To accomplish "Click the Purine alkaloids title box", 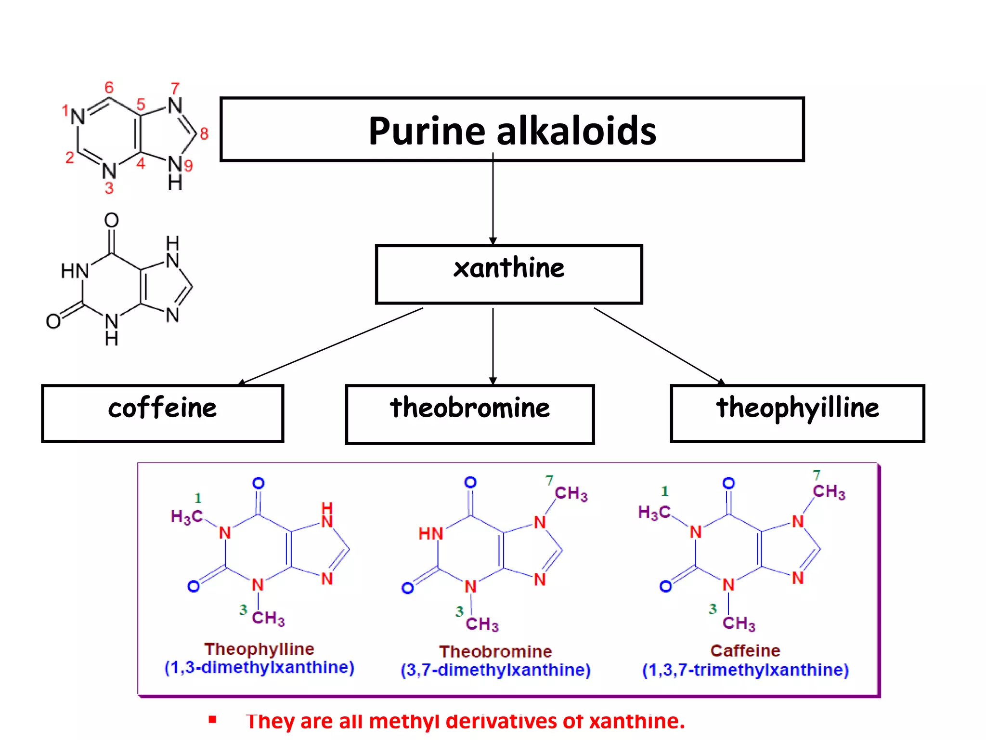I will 512,129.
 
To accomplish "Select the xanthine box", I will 509,274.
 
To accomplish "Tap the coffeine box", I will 162,413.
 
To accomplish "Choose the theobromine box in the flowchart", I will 469,414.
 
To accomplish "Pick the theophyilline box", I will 797,413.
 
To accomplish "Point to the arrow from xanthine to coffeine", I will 332,345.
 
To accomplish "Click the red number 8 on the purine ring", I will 204,133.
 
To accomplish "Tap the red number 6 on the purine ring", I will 109,87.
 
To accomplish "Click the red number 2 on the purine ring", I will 70,158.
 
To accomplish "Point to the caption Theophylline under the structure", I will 259,649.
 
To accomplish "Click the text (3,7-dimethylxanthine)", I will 495,670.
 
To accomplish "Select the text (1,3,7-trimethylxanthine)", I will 745,670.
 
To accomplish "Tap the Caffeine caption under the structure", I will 745,651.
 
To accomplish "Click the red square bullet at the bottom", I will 212,720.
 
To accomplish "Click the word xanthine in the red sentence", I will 636,721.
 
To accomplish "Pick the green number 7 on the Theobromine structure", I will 549,480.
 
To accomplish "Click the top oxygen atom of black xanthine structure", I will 111,220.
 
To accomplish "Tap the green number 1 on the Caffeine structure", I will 664,491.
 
